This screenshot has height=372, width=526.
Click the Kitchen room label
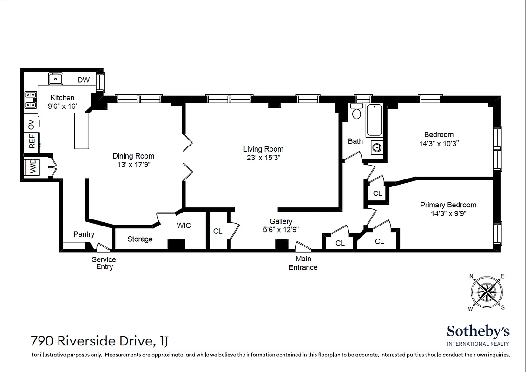(x=62, y=98)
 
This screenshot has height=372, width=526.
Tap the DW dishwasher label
(x=84, y=80)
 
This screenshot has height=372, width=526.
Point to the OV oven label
(x=32, y=124)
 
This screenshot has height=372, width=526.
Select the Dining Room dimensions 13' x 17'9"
(x=133, y=164)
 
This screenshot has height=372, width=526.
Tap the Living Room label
(x=263, y=149)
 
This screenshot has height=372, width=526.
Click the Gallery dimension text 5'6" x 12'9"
(x=281, y=229)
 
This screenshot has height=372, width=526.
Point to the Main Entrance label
(x=303, y=263)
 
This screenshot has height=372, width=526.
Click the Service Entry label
(x=104, y=263)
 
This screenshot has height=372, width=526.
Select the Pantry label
(x=84, y=234)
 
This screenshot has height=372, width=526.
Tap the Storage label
(x=140, y=239)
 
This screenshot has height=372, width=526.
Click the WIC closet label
(x=184, y=226)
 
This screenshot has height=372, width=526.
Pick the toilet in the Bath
(x=356, y=113)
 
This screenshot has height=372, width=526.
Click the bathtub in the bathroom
(x=375, y=120)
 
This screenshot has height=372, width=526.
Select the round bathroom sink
(x=376, y=148)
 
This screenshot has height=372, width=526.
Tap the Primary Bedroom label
(x=448, y=205)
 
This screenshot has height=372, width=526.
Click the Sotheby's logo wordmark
(x=478, y=332)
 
